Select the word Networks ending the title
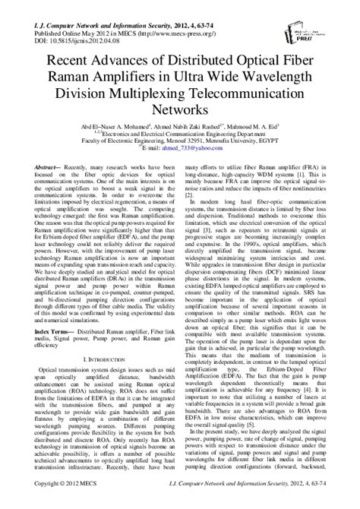(180, 111)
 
